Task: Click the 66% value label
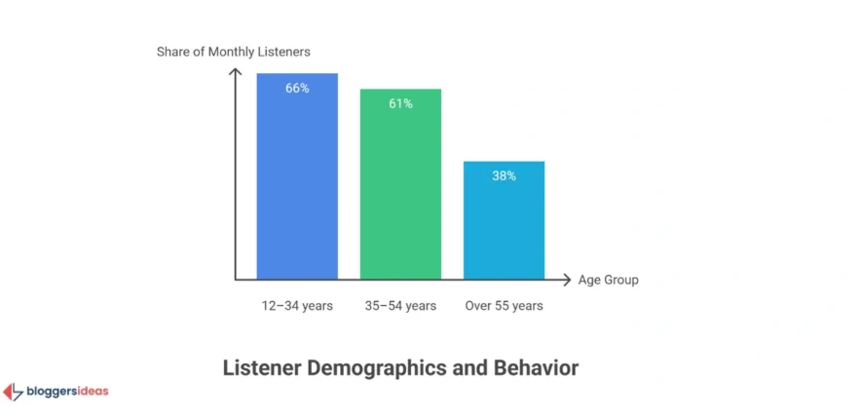[x=297, y=88]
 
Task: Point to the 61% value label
[x=400, y=103]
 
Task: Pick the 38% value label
[x=504, y=176]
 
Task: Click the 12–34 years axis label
[x=297, y=306]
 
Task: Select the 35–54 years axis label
[x=400, y=306]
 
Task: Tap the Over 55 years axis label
[x=504, y=306]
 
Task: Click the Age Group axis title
[x=608, y=281]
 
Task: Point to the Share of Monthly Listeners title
[x=233, y=51]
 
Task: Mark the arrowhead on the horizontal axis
[x=567, y=281]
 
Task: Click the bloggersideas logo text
[x=67, y=392]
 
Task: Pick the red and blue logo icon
[x=14, y=392]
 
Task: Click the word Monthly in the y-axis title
[x=246, y=51]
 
